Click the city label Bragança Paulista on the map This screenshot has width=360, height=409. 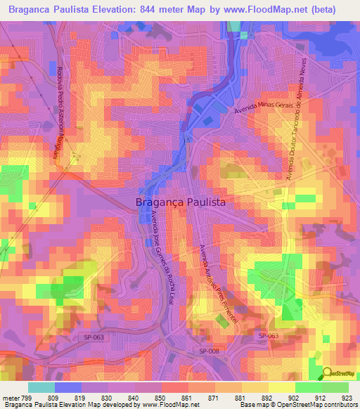[180, 202]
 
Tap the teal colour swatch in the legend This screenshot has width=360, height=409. [41, 387]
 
